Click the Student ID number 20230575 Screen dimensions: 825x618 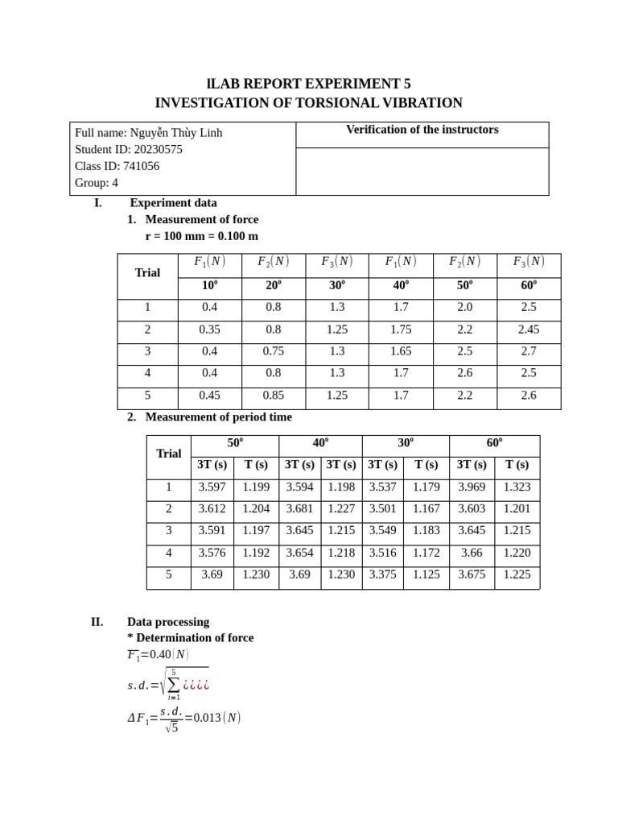[158, 149]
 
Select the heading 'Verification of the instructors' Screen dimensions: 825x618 [422, 130]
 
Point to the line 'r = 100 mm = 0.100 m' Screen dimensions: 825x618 [202, 236]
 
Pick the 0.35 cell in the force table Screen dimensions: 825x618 [210, 329]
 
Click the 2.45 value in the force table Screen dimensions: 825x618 [528, 329]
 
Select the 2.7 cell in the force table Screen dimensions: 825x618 [528, 351]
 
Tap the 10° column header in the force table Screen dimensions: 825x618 [210, 285]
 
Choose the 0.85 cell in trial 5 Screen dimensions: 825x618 [274, 395]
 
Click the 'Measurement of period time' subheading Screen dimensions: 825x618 [218, 417]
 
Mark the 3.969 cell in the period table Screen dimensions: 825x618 [472, 487]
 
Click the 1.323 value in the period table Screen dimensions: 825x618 [517, 487]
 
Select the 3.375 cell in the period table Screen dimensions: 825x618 [382, 574]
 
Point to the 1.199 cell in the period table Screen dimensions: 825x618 [256, 487]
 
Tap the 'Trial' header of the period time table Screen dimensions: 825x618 [168, 454]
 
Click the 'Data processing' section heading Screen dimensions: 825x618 [168, 622]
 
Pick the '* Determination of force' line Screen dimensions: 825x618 [190, 637]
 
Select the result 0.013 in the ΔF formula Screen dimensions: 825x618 [207, 718]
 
